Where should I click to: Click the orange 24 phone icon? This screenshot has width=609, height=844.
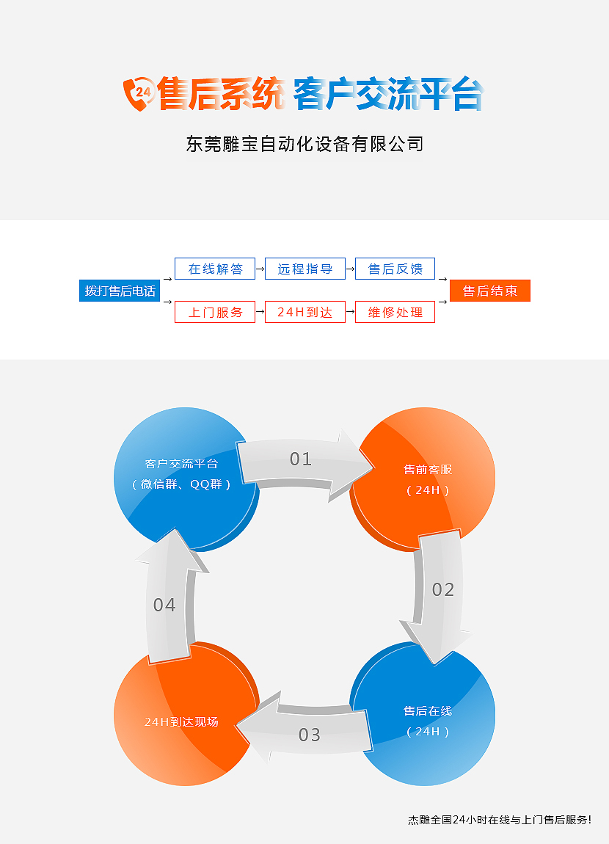139,94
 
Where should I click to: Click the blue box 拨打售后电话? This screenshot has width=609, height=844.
120,291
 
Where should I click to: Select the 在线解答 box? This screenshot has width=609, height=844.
215,269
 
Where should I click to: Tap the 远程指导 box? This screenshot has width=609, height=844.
305,269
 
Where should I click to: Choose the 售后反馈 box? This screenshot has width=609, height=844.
395,269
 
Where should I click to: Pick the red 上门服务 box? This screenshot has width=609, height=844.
215,312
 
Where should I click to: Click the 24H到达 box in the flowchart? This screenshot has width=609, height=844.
305,312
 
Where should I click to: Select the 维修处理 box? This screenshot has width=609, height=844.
395,312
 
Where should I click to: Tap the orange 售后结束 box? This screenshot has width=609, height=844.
490,291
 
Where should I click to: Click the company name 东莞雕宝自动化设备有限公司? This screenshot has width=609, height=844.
304,144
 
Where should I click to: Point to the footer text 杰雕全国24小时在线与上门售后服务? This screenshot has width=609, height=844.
500,820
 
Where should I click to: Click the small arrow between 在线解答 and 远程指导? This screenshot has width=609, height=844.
260,269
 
